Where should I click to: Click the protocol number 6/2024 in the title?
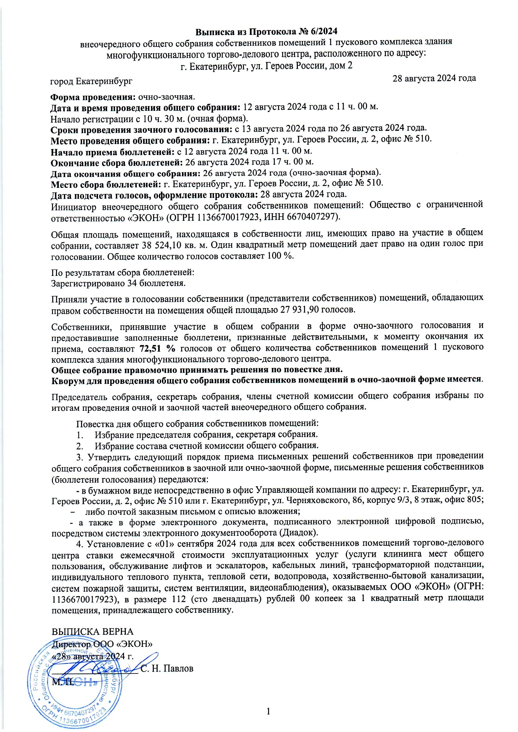pyautogui.click(x=324, y=32)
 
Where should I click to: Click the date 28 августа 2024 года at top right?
pyautogui.click(x=434, y=78)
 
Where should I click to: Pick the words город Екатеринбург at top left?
pyautogui.click(x=91, y=81)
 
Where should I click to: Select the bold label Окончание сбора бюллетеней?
pyautogui.click(x=117, y=162)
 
